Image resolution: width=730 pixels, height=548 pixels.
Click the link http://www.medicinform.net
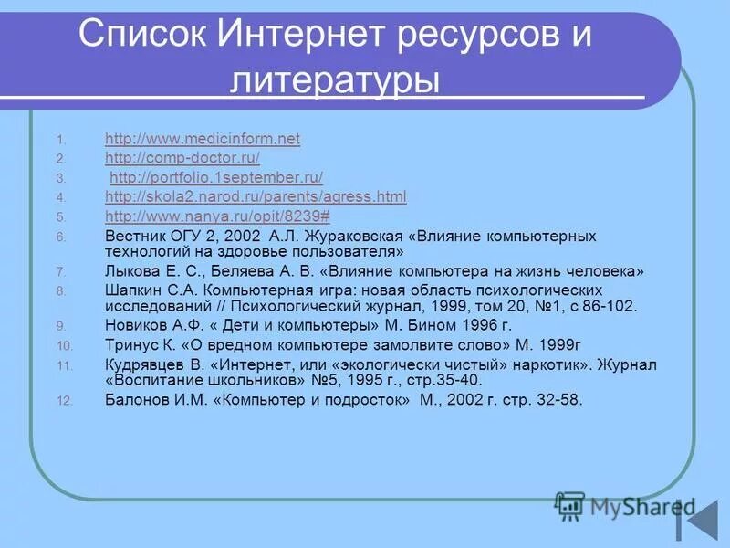click(x=202, y=139)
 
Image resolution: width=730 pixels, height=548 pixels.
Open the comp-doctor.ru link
click(x=182, y=158)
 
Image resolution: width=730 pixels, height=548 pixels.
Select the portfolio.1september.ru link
click(x=216, y=177)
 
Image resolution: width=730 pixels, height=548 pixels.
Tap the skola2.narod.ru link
click(x=255, y=196)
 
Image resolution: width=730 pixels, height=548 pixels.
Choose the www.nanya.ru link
click(x=217, y=216)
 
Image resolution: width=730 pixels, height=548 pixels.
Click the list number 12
click(x=63, y=400)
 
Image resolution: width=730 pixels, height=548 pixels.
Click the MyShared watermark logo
click(x=626, y=505)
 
